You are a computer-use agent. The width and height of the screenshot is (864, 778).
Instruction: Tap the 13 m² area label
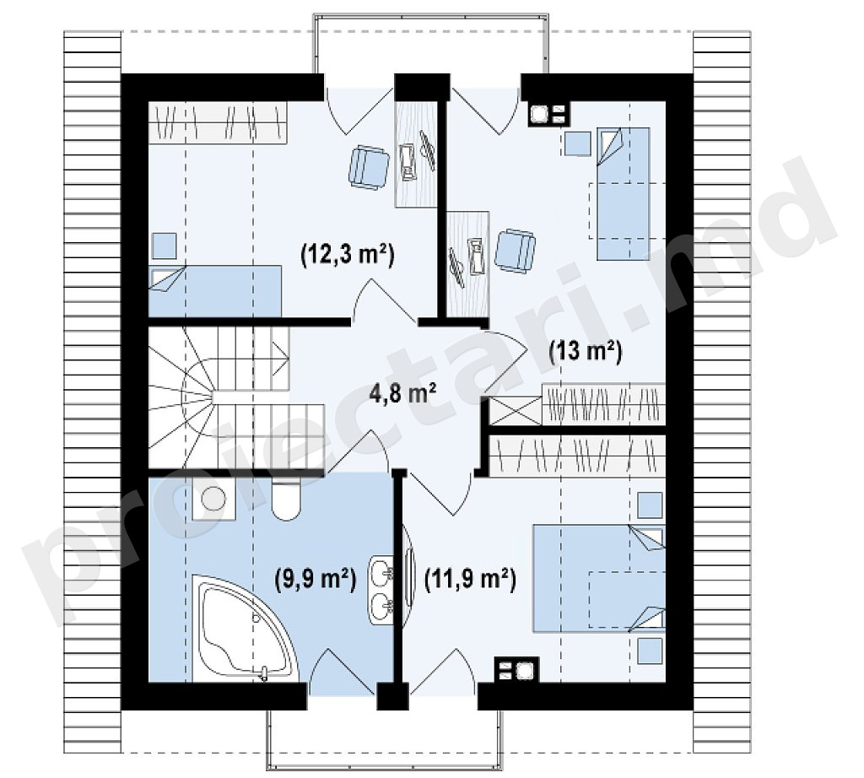(x=586, y=350)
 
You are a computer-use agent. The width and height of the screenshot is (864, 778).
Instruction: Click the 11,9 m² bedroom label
(x=470, y=579)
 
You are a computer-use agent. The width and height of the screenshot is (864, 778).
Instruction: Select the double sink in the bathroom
(x=381, y=590)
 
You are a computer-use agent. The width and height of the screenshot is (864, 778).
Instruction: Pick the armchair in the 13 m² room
(x=516, y=251)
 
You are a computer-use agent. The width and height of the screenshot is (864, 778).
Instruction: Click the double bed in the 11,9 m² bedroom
(x=599, y=578)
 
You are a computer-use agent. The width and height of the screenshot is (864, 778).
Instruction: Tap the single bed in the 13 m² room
(x=624, y=193)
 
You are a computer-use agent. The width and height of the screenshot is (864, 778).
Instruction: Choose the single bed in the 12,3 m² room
(x=215, y=291)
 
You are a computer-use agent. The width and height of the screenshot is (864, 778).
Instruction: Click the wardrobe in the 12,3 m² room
(x=218, y=122)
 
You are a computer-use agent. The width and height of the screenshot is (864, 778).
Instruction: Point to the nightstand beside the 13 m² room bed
(x=578, y=143)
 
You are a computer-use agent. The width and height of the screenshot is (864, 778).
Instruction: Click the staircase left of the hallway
(x=236, y=397)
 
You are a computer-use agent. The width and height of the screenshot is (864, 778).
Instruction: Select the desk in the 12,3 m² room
(x=416, y=154)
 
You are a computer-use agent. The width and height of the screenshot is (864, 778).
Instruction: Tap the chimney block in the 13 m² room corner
(x=549, y=115)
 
